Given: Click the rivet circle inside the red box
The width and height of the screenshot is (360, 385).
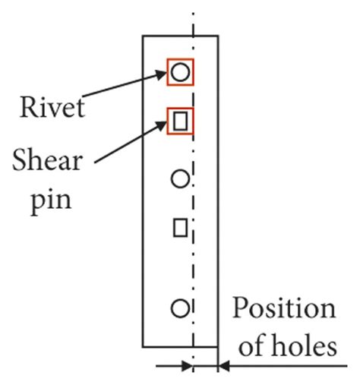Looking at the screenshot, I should coord(180,72).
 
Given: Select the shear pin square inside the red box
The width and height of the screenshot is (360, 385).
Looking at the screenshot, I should coord(180,120).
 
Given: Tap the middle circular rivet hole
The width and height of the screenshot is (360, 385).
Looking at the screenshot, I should coord(180,179).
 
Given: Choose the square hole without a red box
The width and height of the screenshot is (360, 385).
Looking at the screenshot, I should coord(180,227).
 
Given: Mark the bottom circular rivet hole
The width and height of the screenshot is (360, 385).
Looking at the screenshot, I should coord(180,308).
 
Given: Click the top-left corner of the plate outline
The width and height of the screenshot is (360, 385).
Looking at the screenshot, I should coord(143,36).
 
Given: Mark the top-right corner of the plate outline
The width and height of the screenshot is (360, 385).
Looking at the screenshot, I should coord(218,36).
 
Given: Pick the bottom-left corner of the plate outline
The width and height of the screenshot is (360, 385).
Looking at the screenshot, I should coord(143,346).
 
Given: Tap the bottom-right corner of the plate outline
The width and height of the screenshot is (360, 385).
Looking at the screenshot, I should coord(218,346).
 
